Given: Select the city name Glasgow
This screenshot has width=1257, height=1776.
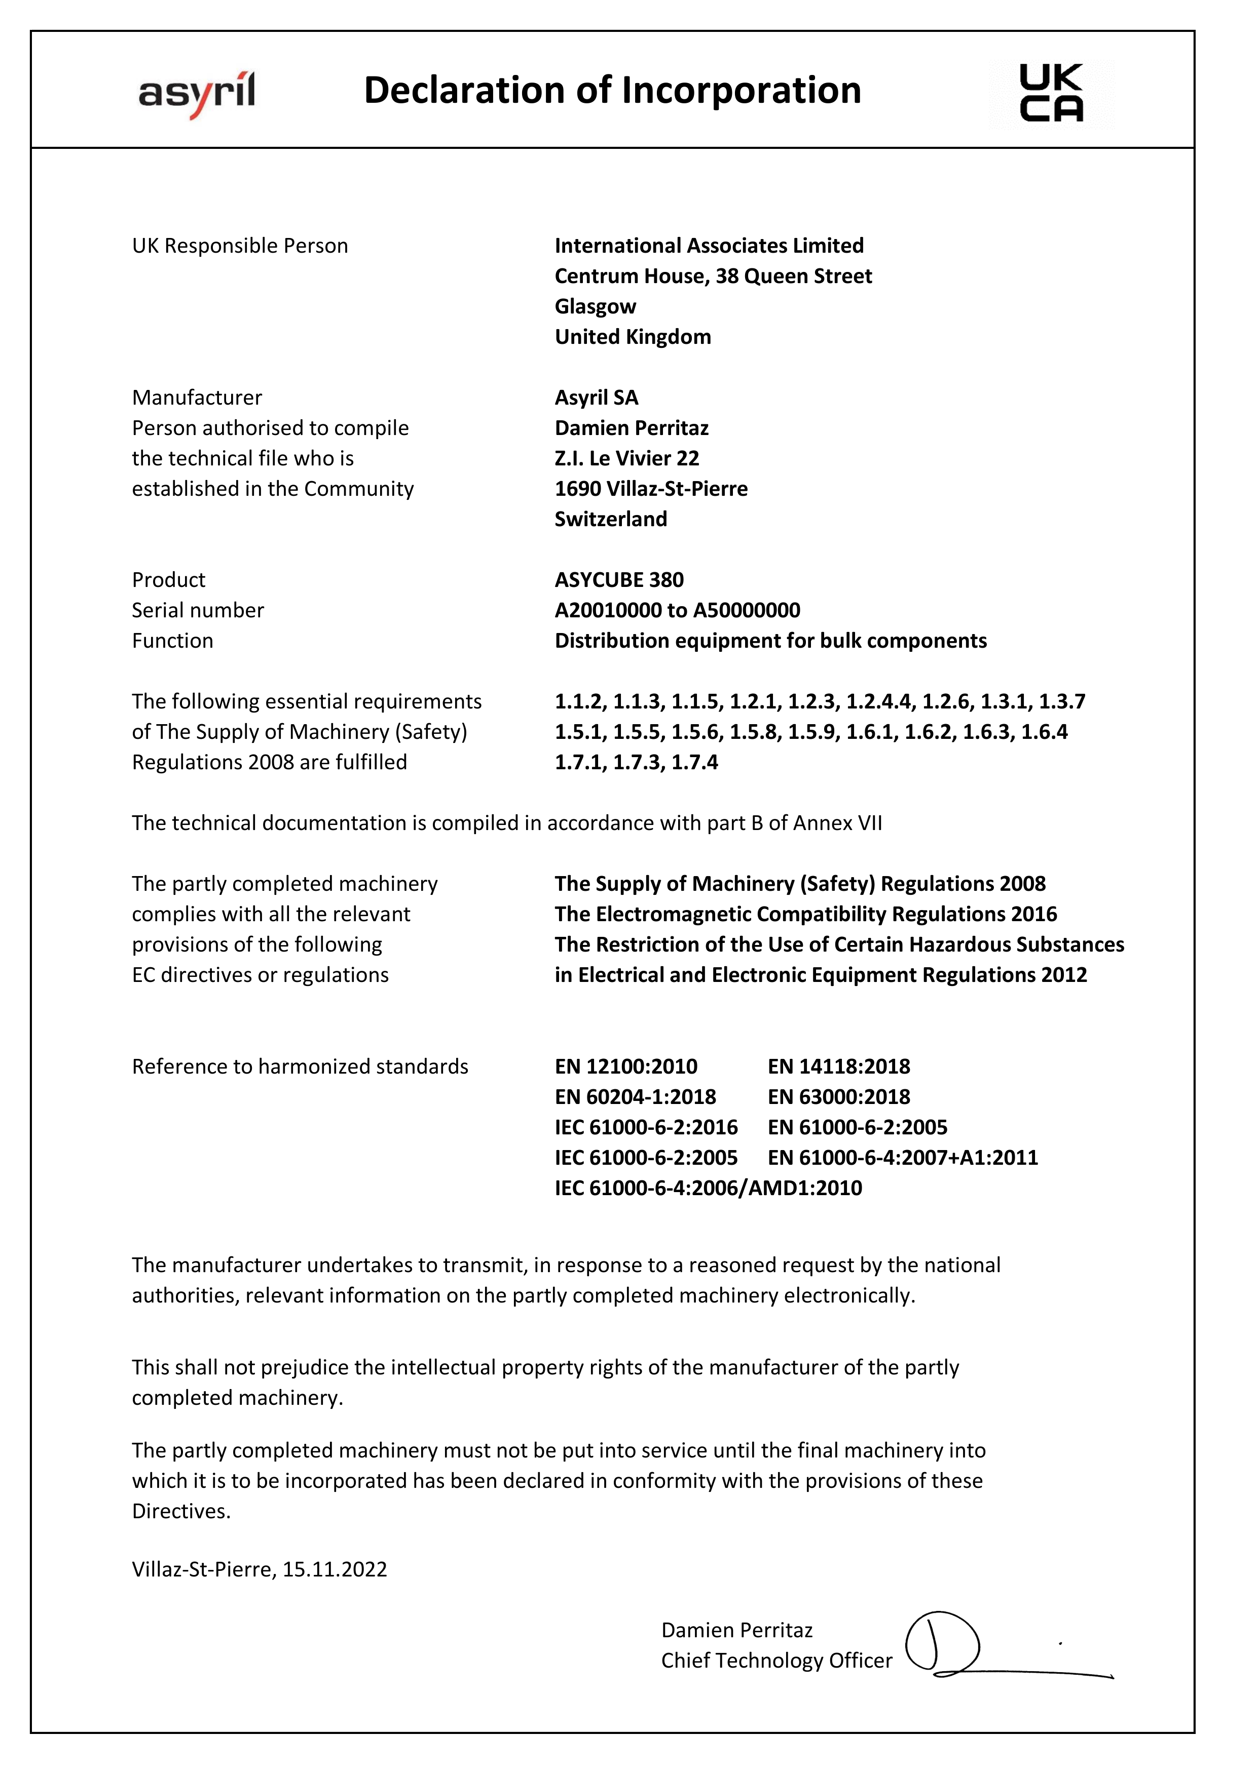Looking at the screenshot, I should point(595,306).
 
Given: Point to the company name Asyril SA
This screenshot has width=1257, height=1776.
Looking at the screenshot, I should point(596,398).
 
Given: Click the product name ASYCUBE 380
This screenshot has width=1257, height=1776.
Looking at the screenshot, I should point(619,580).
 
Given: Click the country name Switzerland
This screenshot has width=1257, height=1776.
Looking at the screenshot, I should point(611,519).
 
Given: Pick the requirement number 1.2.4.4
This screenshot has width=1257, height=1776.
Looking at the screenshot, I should point(878,701).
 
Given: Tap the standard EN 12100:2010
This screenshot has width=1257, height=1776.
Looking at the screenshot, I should point(625,1067).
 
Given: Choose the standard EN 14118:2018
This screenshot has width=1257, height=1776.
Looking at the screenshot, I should point(838,1067).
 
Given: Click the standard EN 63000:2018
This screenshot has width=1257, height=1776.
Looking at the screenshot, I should point(838,1097).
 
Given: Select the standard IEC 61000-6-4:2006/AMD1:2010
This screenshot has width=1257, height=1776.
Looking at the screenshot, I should point(708,1188).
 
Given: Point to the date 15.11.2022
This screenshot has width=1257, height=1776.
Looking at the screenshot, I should point(335,1569).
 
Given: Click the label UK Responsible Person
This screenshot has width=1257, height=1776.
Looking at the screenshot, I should point(240,246).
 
